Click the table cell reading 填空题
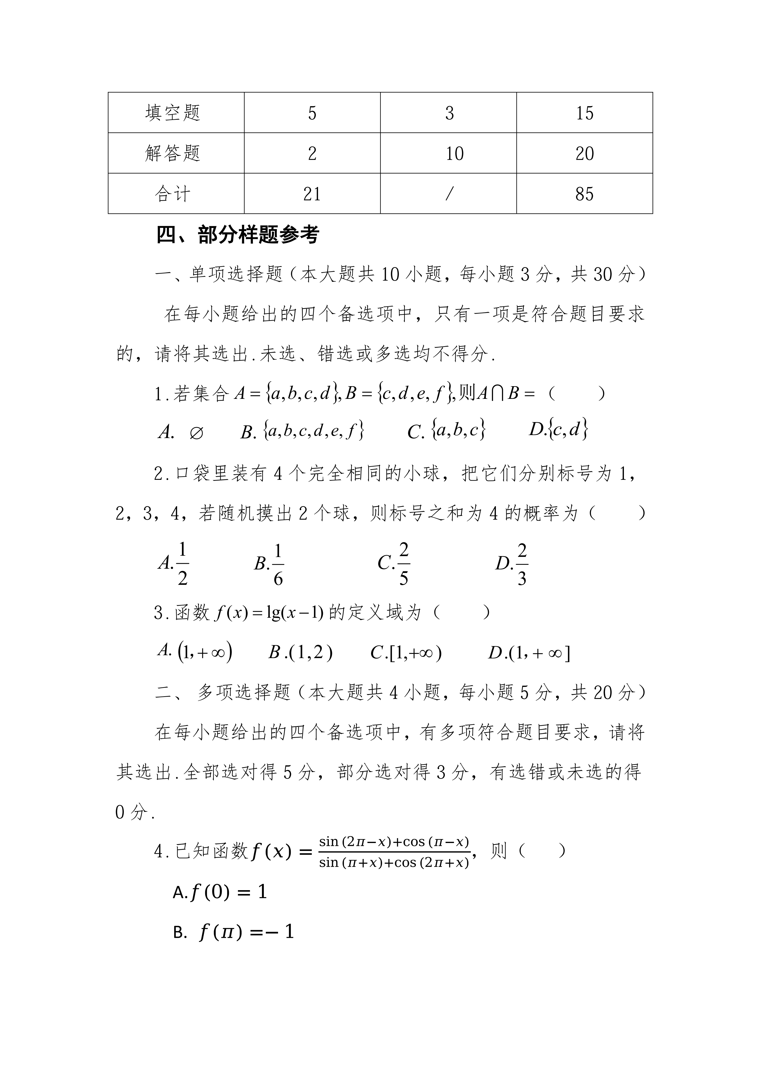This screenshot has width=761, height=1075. [x=173, y=113]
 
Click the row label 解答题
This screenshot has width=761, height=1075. [x=173, y=153]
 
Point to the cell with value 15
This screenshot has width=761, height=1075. [x=584, y=113]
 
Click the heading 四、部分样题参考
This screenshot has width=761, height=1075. [x=238, y=235]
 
